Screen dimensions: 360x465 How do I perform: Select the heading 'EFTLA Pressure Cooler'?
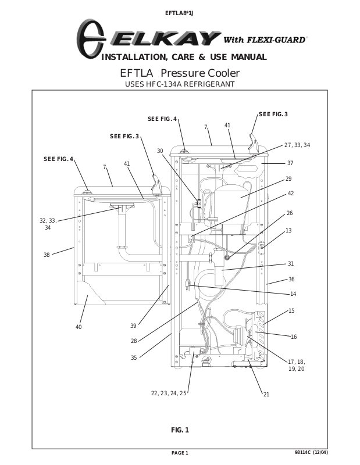(180, 73)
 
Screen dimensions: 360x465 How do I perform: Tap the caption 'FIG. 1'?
(180, 430)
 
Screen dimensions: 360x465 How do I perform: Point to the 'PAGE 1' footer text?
(180, 453)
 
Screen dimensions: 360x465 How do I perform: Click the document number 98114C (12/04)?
(311, 452)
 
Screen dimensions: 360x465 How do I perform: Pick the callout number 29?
(288, 179)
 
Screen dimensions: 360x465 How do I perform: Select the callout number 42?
(291, 194)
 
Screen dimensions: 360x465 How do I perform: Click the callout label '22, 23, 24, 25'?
(169, 394)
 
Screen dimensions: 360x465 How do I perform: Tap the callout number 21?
(266, 394)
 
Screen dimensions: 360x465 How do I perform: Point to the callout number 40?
(79, 327)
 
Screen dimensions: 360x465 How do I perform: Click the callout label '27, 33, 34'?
(297, 145)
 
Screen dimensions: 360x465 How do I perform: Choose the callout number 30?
(160, 151)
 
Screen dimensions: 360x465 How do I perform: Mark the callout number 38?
(47, 255)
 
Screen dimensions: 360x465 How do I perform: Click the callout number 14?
(293, 294)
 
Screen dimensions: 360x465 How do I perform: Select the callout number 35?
(134, 357)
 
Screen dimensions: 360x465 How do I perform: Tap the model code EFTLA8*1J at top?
(179, 13)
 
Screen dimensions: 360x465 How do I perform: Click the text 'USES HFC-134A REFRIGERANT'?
(180, 84)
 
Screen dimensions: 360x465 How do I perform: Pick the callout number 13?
(288, 230)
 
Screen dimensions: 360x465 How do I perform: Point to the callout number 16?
(294, 337)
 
